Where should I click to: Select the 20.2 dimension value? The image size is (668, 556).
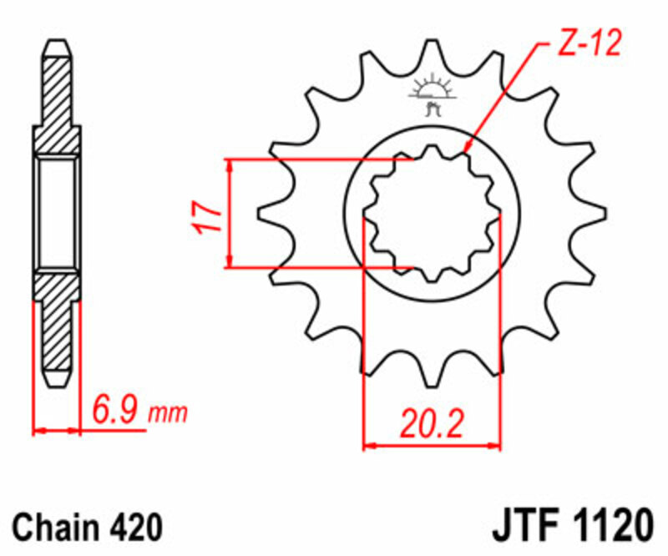pyautogui.click(x=431, y=424)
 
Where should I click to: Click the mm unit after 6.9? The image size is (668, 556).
pyautogui.click(x=169, y=413)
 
